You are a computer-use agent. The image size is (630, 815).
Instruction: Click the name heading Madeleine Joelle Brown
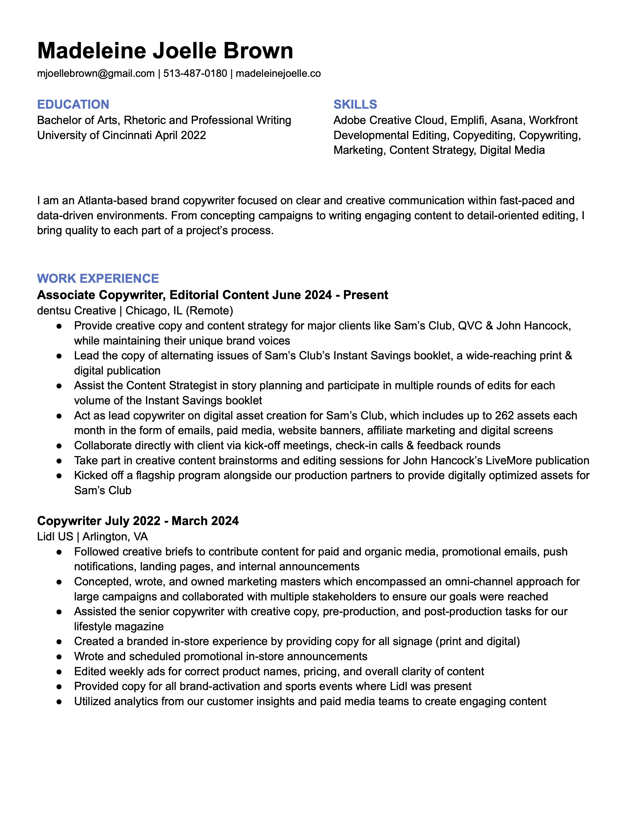pos(165,50)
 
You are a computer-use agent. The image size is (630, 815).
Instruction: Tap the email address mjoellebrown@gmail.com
pos(96,74)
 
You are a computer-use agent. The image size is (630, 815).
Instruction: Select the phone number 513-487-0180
pos(195,74)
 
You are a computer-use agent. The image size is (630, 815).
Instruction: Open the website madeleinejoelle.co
pos(278,74)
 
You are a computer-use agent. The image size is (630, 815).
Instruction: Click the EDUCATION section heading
pos(73,104)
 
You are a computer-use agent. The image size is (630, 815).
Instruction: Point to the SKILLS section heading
pos(355,104)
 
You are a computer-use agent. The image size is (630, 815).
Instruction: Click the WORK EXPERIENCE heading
pos(98,278)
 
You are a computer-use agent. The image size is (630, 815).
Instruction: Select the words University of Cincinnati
pos(94,135)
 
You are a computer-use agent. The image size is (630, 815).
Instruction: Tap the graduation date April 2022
pos(181,135)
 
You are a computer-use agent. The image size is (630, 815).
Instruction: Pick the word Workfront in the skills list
pos(553,120)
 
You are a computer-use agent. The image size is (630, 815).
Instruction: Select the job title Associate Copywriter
pos(101,295)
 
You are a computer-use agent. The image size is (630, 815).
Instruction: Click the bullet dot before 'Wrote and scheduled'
pos(59,656)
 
